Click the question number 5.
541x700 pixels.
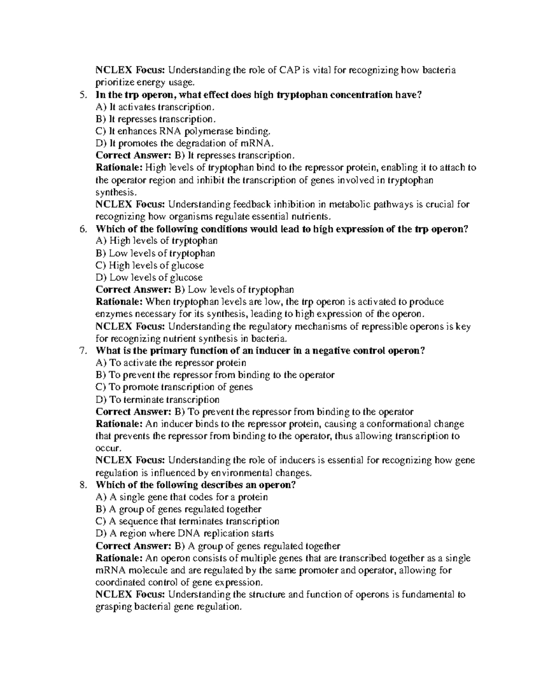point(82,95)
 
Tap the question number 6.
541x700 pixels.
point(82,229)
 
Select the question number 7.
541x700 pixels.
point(82,351)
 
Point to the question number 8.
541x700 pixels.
point(82,485)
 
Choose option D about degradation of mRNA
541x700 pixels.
point(185,143)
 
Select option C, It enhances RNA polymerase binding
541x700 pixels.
point(183,131)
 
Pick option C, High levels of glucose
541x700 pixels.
point(150,265)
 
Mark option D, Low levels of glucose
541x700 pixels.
point(149,278)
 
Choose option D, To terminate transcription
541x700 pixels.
point(158,399)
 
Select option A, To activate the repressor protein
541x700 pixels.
point(171,363)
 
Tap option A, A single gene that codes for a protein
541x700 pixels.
point(182,497)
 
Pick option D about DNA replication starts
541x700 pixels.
point(185,534)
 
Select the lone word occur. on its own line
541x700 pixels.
point(109,448)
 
